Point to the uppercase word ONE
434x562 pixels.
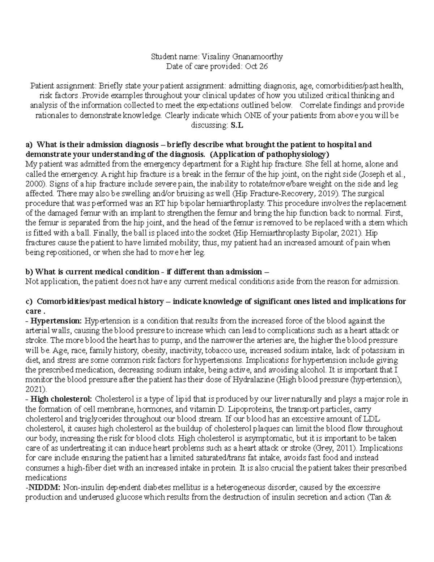(254, 115)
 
